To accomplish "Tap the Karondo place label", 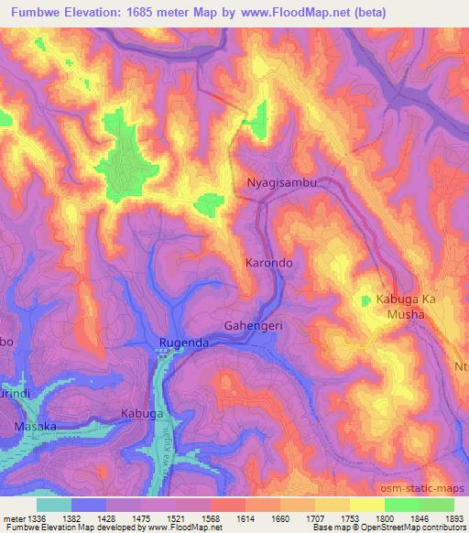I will pyautogui.click(x=268, y=262).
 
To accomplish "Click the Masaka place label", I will pyautogui.click(x=35, y=427).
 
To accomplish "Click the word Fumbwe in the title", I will pyautogui.click(x=35, y=13).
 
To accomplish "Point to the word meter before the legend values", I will pyautogui.click(x=14, y=518).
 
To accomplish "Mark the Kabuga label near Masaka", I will pyautogui.click(x=142, y=414).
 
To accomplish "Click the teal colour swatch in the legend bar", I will pyautogui.click(x=53, y=505).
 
